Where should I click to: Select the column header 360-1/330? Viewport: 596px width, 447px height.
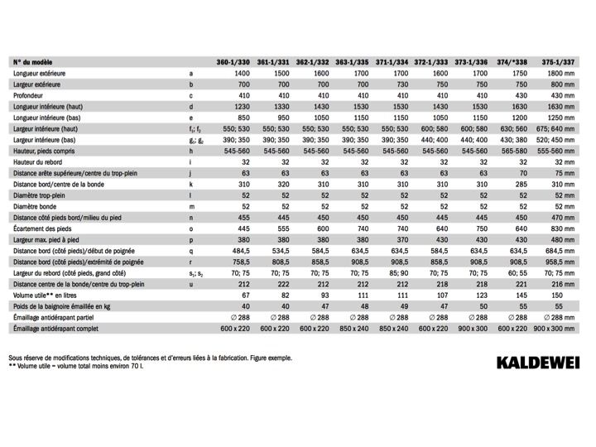point(233,62)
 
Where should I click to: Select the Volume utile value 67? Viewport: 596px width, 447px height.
point(246,296)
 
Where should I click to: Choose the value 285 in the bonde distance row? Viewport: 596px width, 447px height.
point(521,185)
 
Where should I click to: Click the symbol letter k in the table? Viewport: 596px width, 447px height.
point(190,185)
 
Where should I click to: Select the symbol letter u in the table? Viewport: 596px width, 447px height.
point(190,284)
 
